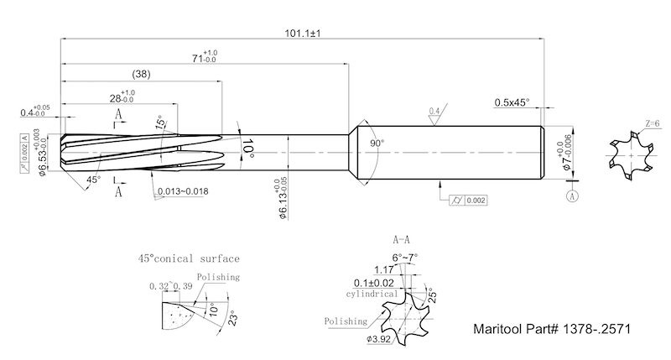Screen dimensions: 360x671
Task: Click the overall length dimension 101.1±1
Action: tap(304, 33)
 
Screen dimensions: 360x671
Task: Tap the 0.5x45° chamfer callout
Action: tap(511, 102)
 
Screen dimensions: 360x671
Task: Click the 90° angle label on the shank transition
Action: tap(377, 143)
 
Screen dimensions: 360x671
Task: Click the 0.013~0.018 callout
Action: tap(182, 191)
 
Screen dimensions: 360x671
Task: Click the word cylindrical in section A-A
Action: tap(372, 295)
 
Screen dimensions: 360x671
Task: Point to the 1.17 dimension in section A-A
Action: tap(385, 269)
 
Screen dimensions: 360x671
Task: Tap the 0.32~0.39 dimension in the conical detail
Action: tap(170, 286)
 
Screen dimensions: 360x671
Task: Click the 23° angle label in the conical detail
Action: tap(237, 318)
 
